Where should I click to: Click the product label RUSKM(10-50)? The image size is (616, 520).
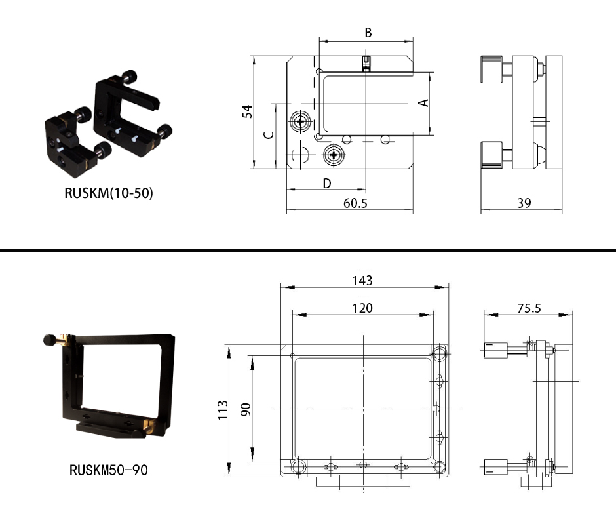tap(109, 193)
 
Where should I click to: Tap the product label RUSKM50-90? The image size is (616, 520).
tap(108, 470)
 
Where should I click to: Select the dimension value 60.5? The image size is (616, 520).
tap(355, 203)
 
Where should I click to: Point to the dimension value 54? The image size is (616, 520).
tap(247, 111)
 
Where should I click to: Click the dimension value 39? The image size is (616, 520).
tap(524, 203)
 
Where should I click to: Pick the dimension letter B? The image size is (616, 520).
tap(368, 33)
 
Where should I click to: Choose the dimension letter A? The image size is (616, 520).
tap(423, 103)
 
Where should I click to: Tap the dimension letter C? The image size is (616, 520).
tap(269, 135)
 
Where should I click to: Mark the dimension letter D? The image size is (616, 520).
tap(327, 184)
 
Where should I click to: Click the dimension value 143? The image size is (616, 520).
tap(362, 281)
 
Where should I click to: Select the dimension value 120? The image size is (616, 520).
tap(362, 308)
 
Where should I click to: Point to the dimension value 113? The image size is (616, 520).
tap(223, 410)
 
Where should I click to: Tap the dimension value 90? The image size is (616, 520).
tap(246, 410)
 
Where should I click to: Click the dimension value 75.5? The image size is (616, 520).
tap(529, 309)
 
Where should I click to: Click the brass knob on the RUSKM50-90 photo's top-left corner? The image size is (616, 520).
tap(64, 338)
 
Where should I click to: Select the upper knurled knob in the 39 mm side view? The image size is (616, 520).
tap(491, 70)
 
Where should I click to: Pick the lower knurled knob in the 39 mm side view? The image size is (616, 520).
tap(491, 155)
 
